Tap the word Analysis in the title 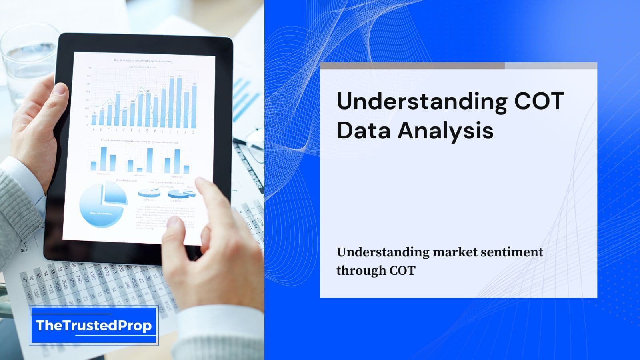coord(445,130)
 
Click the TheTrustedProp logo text coord(94,326)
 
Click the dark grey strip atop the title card coord(412,66)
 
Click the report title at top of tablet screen coord(143,61)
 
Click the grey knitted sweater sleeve coord(18,208)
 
